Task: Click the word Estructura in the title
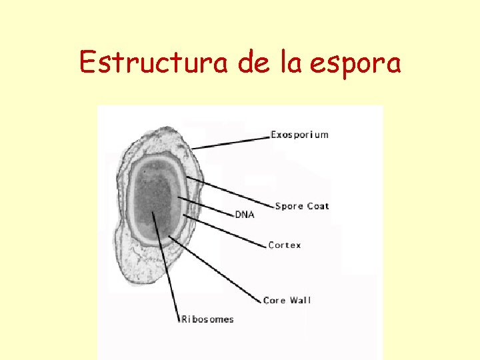153,63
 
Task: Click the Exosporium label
299,135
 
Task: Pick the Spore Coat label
302,206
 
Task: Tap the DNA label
244,215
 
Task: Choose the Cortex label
285,245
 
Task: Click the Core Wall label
287,301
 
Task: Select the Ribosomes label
208,319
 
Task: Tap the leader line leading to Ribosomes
167,267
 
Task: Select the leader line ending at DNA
207,207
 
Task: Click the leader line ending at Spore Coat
230,192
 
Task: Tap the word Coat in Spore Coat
318,206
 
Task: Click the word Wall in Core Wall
300,301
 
